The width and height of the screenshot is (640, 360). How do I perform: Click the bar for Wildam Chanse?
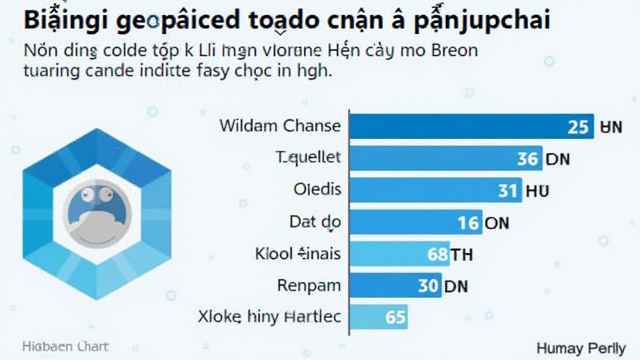[462, 126]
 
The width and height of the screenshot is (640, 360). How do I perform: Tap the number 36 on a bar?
[527, 159]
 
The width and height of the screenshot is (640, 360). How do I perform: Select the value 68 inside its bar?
[437, 254]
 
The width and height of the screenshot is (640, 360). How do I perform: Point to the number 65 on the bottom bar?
[396, 317]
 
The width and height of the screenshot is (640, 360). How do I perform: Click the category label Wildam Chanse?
[280, 126]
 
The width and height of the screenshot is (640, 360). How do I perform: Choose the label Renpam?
[309, 286]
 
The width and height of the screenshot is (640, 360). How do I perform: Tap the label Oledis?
[317, 189]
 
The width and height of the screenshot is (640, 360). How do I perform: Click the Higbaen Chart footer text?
[65, 346]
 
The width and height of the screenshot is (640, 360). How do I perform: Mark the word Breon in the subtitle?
[454, 51]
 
